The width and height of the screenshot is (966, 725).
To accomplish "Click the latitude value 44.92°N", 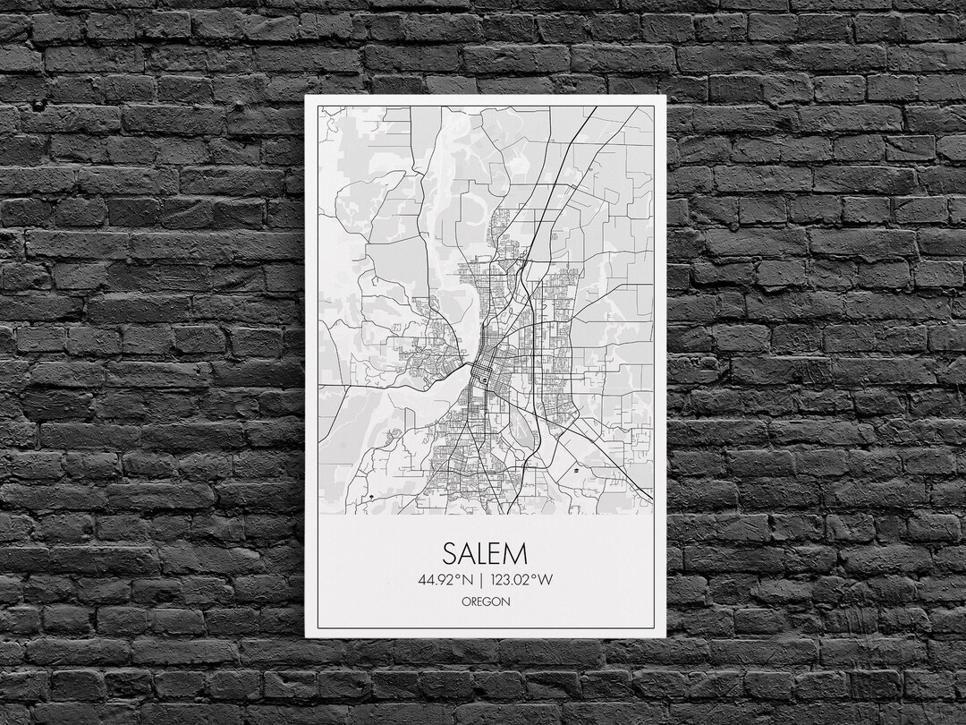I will (x=444, y=579).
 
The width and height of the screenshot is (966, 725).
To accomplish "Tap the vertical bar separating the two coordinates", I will (x=481, y=579).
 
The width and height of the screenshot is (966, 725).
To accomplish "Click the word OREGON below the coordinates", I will (x=486, y=601).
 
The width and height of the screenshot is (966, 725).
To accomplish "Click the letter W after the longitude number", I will (x=546, y=579).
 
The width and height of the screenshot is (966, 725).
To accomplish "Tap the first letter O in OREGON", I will (x=466, y=601).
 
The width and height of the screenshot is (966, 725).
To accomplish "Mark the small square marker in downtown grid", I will (x=484, y=380).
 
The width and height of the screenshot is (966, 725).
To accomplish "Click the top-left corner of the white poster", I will (x=306, y=95).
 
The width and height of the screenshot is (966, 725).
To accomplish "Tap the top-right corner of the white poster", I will (x=665, y=95).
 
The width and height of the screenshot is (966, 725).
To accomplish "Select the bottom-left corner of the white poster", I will (x=306, y=636).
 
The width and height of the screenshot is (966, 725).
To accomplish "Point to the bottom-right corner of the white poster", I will (x=665, y=636).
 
